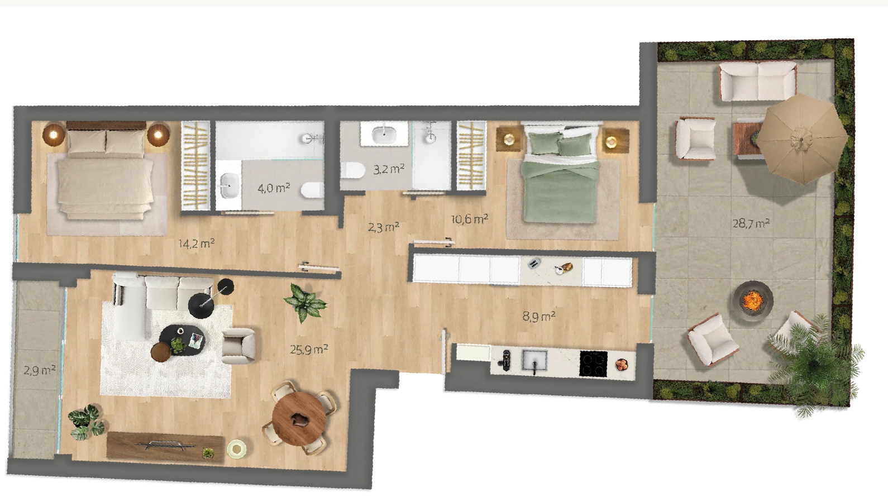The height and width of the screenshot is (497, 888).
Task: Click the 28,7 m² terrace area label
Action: pyautogui.click(x=751, y=223)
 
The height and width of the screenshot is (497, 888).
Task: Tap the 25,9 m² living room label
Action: pyautogui.click(x=309, y=349)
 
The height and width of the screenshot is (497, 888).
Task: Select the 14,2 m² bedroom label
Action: pyautogui.click(x=196, y=243)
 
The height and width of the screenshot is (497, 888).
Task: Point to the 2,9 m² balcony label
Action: pyautogui.click(x=39, y=370)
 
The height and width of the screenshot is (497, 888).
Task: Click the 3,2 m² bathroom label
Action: pyautogui.click(x=389, y=170)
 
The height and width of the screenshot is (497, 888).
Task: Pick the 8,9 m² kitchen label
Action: pyautogui.click(x=539, y=316)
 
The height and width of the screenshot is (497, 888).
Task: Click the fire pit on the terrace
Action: pyautogui.click(x=753, y=299)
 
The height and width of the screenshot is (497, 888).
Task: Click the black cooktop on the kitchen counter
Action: pyautogui.click(x=593, y=364)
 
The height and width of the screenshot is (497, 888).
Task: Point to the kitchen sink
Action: pyautogui.click(x=534, y=361)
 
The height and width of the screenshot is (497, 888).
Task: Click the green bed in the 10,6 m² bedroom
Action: pyautogui.click(x=561, y=174)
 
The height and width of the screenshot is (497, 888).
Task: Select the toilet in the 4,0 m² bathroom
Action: pyautogui.click(x=312, y=190)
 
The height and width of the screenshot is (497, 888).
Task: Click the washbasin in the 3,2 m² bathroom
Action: pyautogui.click(x=384, y=134)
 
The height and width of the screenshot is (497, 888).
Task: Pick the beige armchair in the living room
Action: pyautogui.click(x=238, y=346)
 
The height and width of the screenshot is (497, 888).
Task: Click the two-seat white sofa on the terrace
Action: pyautogui.click(x=758, y=81)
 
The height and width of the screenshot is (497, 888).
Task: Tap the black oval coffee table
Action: pyautogui.click(x=183, y=340)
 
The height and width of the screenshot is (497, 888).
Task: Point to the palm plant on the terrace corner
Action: pyautogui.click(x=813, y=366)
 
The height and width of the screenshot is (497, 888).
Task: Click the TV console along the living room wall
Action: pyautogui.click(x=165, y=447)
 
